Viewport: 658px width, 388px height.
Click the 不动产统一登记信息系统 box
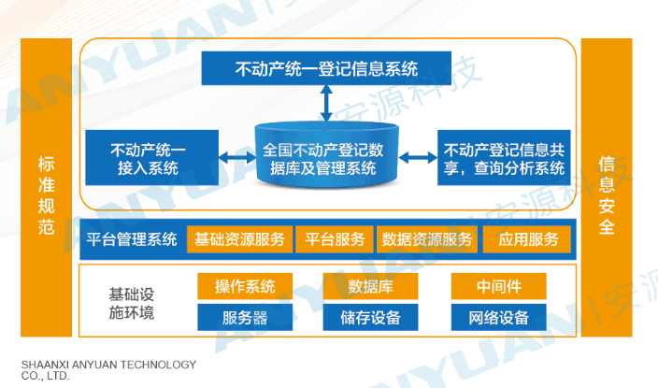click(325, 66)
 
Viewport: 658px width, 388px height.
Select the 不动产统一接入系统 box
click(150, 157)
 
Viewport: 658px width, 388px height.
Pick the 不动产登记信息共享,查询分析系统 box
click(503, 157)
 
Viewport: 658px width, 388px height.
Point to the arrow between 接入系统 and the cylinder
click(236, 156)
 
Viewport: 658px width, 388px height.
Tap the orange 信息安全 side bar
click(606, 187)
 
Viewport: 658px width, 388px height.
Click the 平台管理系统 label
click(132, 239)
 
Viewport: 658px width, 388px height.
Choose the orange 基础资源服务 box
click(240, 239)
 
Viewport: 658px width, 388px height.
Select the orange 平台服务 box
click(335, 239)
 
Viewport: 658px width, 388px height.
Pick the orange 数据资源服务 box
click(427, 239)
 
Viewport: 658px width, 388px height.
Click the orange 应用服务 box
click(527, 239)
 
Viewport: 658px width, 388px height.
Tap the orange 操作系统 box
click(244, 285)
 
